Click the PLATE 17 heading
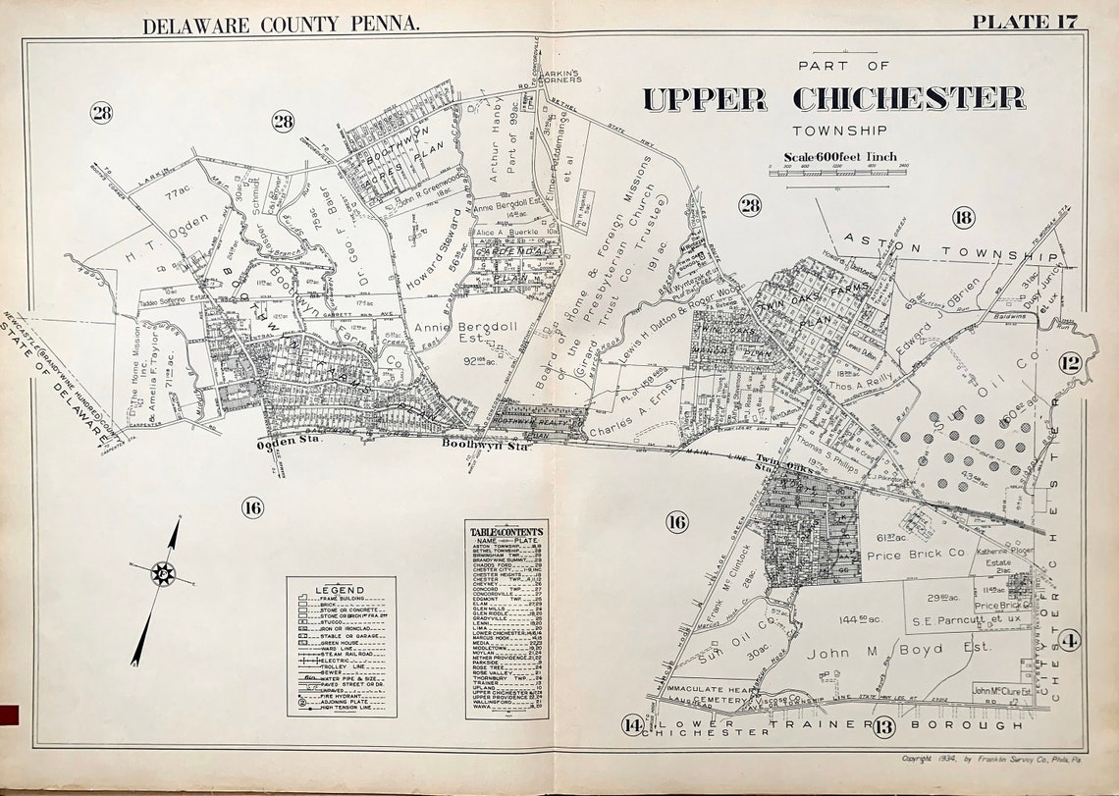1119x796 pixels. coord(1025,22)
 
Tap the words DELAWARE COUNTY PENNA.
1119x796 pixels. coord(281,26)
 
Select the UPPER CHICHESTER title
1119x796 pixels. coord(833,99)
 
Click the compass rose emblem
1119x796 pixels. coord(163,573)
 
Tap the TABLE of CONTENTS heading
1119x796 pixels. coord(506,531)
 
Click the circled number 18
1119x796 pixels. coord(962,218)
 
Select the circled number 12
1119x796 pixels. coord(1069,364)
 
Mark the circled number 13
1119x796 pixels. coord(883,727)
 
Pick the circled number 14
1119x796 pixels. coord(632,726)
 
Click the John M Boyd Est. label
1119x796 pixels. coord(877,650)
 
